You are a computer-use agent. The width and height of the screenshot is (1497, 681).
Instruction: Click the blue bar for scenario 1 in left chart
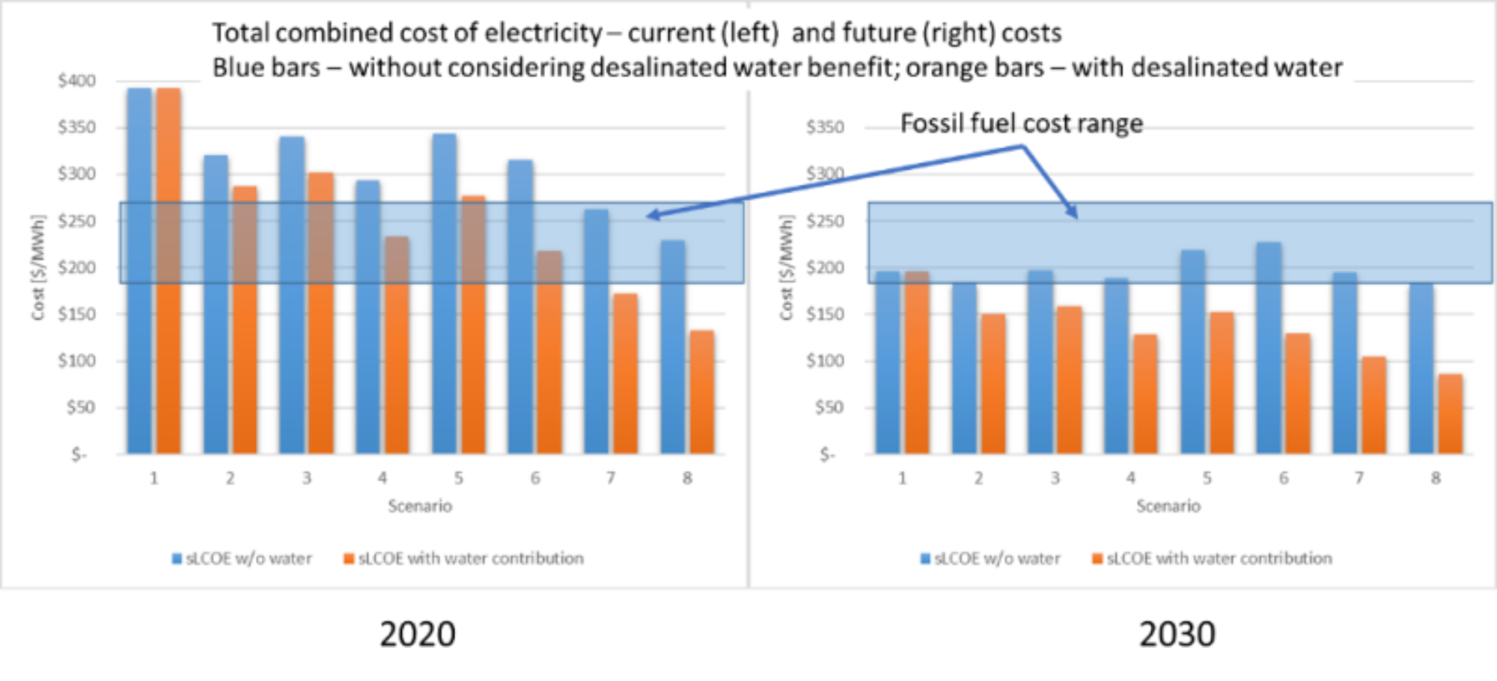click(x=139, y=269)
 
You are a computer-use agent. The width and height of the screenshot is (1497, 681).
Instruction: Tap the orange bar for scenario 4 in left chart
click(x=397, y=344)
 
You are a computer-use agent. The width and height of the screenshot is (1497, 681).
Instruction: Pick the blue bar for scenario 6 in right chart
click(x=1269, y=348)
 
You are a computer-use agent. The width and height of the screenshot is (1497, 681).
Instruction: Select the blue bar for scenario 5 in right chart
click(x=1192, y=352)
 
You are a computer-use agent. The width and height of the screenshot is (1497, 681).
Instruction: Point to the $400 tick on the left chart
click(x=76, y=81)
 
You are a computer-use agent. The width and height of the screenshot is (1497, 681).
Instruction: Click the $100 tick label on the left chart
click(x=76, y=361)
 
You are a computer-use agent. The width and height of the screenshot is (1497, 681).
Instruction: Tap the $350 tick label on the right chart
click(x=825, y=127)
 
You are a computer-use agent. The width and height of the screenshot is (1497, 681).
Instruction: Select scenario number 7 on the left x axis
click(x=611, y=477)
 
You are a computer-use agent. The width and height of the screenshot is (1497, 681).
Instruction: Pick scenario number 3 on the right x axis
click(x=1055, y=477)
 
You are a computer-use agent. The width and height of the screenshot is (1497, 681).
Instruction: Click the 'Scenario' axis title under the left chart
click(x=420, y=506)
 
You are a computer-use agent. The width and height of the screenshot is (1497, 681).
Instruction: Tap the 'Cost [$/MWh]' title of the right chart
click(x=786, y=268)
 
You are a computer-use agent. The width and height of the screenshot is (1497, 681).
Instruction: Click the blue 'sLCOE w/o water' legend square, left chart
click(x=177, y=558)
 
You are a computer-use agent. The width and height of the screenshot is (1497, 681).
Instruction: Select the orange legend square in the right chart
click(x=1097, y=558)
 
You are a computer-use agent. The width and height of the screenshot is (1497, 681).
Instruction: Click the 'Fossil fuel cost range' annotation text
click(x=1021, y=123)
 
